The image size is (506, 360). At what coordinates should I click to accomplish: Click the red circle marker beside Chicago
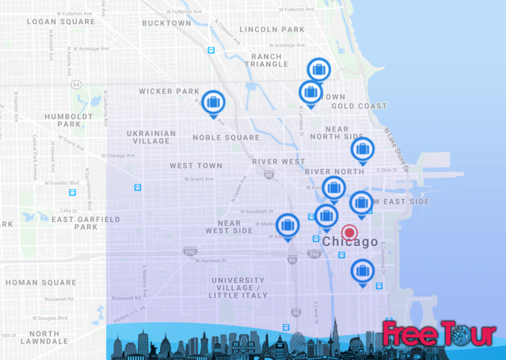click(349, 232)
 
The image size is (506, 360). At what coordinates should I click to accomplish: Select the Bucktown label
click(166, 23)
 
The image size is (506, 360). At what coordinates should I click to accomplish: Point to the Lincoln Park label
click(273, 30)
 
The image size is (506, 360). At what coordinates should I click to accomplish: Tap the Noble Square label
click(226, 137)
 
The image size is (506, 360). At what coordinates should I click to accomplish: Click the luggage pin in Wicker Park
click(213, 102)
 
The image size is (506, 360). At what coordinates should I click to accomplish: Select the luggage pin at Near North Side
click(362, 150)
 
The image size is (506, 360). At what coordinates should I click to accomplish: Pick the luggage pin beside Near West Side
click(288, 225)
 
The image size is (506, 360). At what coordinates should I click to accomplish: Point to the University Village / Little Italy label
click(238, 287)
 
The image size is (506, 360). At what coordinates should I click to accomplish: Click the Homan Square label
click(40, 282)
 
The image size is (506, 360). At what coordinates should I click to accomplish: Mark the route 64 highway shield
click(77, 84)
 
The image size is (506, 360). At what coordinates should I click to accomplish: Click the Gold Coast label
click(359, 106)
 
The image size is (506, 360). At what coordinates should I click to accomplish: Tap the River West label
click(278, 161)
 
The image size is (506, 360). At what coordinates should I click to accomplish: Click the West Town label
click(196, 166)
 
